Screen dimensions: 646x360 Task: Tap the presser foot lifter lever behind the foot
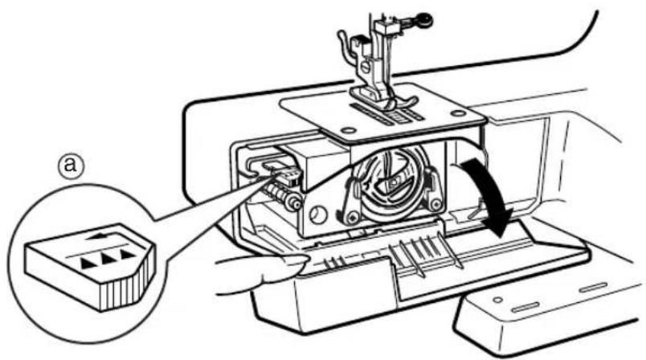pyautogui.click(x=345, y=44)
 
